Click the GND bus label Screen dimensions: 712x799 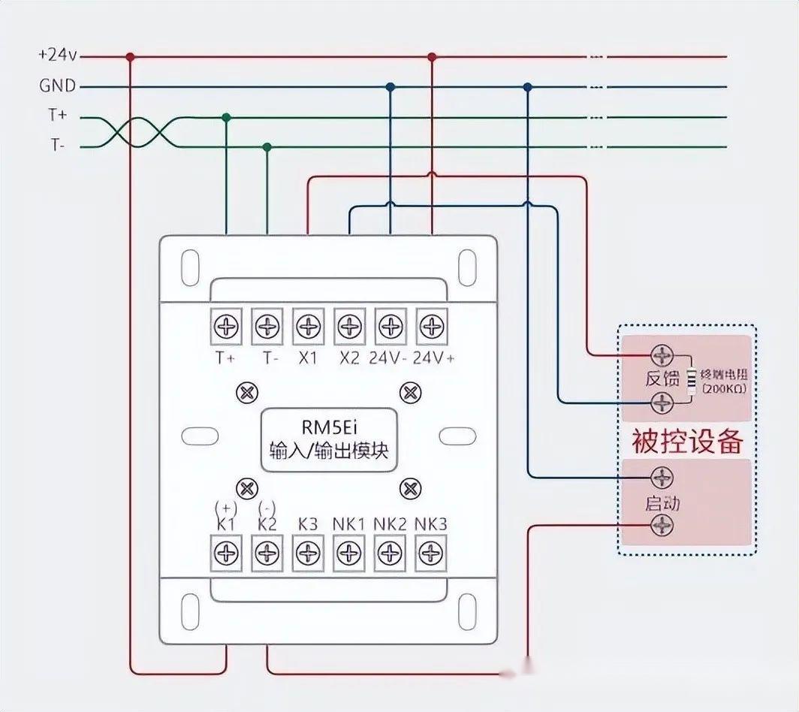click(x=58, y=86)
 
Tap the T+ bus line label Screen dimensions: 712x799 click(x=58, y=116)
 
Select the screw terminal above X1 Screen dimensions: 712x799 click(x=307, y=327)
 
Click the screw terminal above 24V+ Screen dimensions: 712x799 click(x=431, y=327)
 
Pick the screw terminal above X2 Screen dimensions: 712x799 click(x=348, y=327)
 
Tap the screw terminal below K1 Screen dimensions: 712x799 click(x=226, y=554)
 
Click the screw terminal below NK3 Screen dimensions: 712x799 click(x=431, y=554)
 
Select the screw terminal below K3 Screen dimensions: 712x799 click(x=307, y=554)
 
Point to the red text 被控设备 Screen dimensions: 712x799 click(x=686, y=441)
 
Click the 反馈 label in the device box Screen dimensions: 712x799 click(x=662, y=379)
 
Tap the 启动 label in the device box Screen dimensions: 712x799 click(x=662, y=502)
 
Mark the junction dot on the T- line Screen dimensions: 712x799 click(x=267, y=146)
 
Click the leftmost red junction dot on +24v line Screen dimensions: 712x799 click(x=131, y=56)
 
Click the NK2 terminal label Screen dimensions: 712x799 click(x=390, y=524)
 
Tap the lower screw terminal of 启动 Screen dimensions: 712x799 click(x=662, y=526)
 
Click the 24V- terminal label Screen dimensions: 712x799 click(x=387, y=358)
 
